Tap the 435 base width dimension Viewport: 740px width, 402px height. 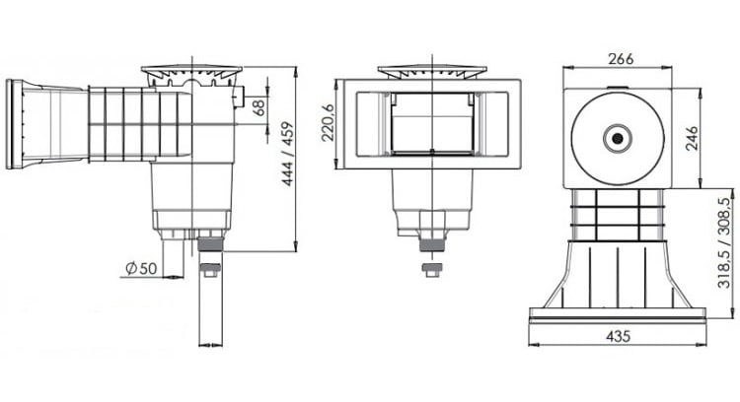(617, 336)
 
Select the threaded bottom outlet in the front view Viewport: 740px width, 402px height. (430, 247)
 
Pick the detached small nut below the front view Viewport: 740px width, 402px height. (430, 268)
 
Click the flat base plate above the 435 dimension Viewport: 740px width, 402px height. (618, 314)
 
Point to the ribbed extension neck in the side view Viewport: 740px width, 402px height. (123, 122)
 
